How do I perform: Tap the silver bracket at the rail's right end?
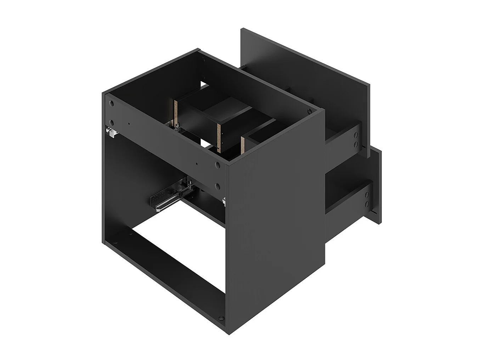pyautogui.click(x=224, y=201)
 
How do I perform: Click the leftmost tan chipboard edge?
pyautogui.click(x=175, y=112)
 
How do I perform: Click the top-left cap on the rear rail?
pyautogui.click(x=112, y=104)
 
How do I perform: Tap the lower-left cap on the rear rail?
pyautogui.click(x=112, y=123)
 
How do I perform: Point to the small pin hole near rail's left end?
pyautogui.click(x=129, y=124)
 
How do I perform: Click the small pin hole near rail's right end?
pyautogui.click(x=196, y=164)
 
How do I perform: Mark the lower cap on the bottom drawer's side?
pyautogui.click(x=367, y=204)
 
